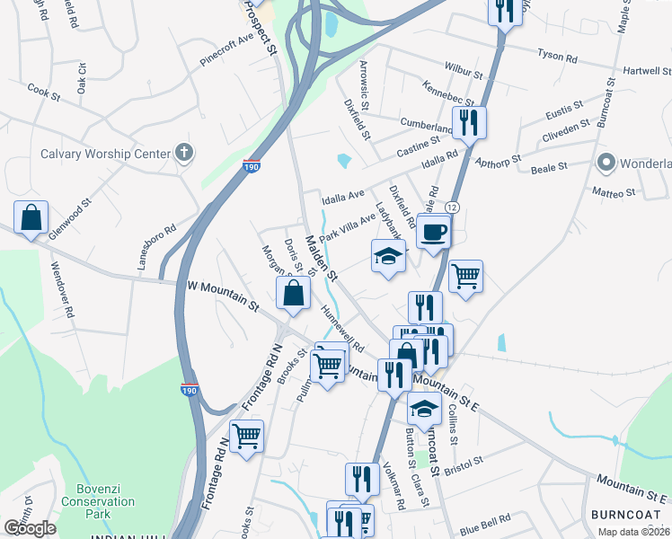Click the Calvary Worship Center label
coord(105,154)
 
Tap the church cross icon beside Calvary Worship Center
coord(184,153)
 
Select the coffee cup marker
coord(433,232)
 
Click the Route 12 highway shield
coord(452,208)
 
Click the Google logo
coord(30,528)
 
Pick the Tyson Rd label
coord(557,56)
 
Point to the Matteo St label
coord(615,191)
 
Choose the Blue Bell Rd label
coord(485,519)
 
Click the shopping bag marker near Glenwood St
coord(31,218)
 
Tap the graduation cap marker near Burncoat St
coord(424,410)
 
